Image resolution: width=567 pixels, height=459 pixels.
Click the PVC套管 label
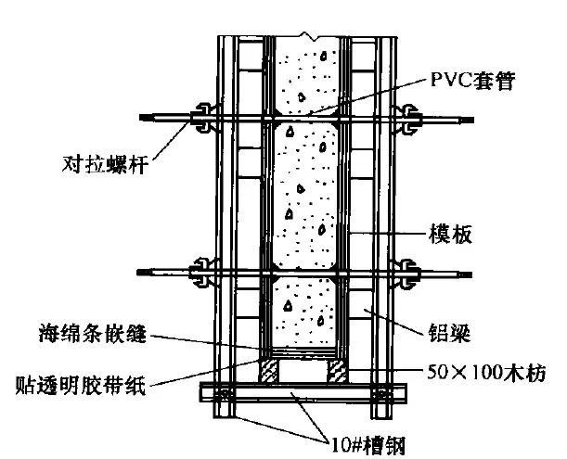tap(472, 81)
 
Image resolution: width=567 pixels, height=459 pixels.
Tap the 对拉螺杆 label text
tap(105, 164)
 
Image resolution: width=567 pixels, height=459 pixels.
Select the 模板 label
tap(450, 234)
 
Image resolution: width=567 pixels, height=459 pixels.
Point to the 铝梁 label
tap(449, 333)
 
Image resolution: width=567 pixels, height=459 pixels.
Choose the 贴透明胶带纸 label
tap(81, 385)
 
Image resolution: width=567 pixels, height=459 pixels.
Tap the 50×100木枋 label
tap(486, 372)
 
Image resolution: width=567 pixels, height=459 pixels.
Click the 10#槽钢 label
tap(368, 445)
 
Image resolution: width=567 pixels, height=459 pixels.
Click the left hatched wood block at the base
tap(268, 371)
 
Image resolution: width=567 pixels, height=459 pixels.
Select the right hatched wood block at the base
tap(337, 371)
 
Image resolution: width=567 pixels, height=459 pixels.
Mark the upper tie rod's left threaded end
tap(146, 117)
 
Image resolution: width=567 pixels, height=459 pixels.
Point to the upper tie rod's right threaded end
tap(467, 120)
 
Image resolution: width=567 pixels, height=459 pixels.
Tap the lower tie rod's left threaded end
tap(143, 272)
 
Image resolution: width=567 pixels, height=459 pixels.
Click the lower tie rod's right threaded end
tap(465, 274)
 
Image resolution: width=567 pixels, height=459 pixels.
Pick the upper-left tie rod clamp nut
tap(203, 118)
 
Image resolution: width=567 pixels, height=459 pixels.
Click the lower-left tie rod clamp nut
tap(202, 273)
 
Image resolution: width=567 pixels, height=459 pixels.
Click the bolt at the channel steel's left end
tap(224, 394)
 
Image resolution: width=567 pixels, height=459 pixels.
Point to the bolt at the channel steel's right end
tap(380, 394)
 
